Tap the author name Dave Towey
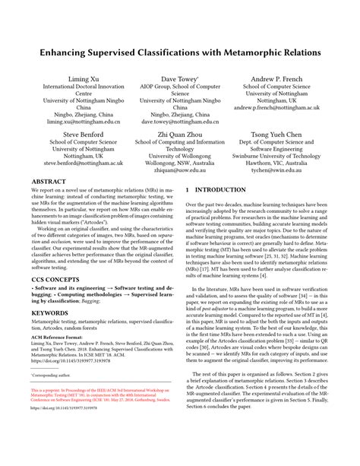tap(179, 78)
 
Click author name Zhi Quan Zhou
tap(179, 132)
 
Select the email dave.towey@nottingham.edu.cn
tap(179, 121)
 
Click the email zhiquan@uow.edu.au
tap(179, 173)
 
